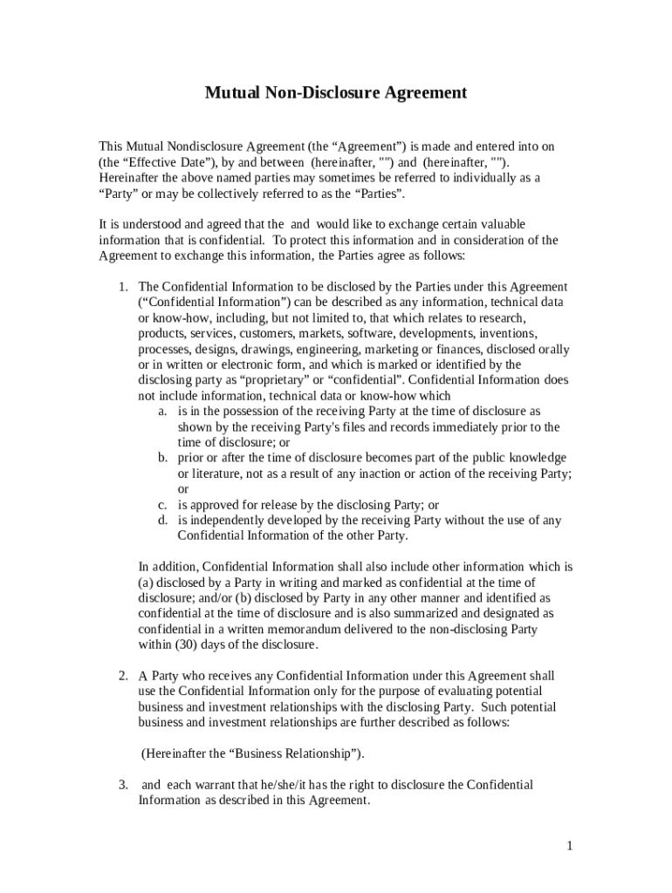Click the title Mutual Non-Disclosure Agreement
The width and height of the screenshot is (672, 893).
[336, 92]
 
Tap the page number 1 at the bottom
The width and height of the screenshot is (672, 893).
[569, 845]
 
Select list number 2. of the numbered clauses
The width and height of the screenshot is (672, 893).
[124, 676]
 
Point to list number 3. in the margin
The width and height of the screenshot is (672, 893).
[124, 785]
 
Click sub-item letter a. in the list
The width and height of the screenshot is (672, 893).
[163, 411]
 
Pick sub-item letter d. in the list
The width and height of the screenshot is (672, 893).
[163, 521]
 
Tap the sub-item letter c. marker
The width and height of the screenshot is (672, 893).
[163, 505]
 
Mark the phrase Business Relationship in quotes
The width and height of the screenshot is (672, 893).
[293, 753]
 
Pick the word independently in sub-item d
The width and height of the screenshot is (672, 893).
[230, 521]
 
